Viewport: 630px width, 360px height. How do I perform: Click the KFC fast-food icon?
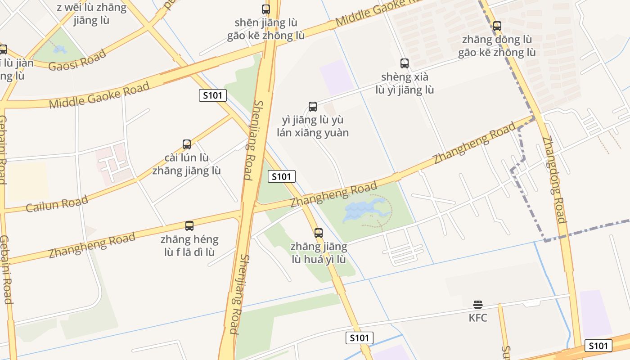tap(478, 305)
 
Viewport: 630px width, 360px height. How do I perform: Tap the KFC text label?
tap(478, 318)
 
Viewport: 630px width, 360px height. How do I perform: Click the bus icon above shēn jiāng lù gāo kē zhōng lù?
tap(266, 9)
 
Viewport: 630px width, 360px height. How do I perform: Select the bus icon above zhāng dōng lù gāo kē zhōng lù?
tap(497, 26)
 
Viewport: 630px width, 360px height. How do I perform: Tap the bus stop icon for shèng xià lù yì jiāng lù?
tap(405, 63)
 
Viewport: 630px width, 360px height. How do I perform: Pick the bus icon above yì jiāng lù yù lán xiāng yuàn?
tap(313, 107)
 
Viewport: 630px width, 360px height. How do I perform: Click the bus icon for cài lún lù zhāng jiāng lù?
tap(187, 144)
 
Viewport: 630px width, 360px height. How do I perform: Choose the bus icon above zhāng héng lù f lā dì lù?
tap(189, 226)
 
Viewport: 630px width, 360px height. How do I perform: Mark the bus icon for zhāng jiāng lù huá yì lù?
tap(319, 233)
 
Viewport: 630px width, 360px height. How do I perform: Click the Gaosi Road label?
tap(77, 60)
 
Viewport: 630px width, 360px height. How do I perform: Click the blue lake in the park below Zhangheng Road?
tap(362, 211)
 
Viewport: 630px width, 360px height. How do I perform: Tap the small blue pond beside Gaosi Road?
tap(60, 49)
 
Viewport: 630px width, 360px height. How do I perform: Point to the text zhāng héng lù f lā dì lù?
tap(189, 245)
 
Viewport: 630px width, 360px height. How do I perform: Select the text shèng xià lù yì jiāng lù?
tap(405, 83)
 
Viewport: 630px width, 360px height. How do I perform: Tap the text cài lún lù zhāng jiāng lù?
tap(187, 164)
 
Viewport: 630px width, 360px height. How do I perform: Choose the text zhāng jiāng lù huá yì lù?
tap(319, 253)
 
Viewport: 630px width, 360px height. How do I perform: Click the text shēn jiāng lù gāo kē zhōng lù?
tap(266, 29)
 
